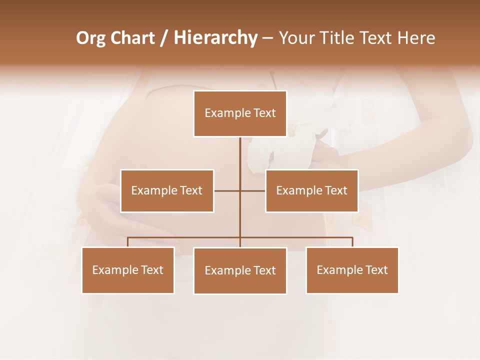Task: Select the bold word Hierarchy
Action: (x=215, y=38)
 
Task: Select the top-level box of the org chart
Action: (x=240, y=113)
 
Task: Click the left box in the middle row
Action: (x=167, y=190)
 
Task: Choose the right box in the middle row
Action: (x=312, y=190)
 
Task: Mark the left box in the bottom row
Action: (x=128, y=270)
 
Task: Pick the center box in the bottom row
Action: (x=240, y=270)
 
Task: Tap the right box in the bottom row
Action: (x=352, y=270)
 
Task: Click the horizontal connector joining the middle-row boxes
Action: (x=227, y=190)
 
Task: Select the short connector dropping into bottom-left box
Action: (x=128, y=242)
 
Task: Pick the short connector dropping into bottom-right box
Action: (x=352, y=242)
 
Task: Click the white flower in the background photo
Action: (x=265, y=150)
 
